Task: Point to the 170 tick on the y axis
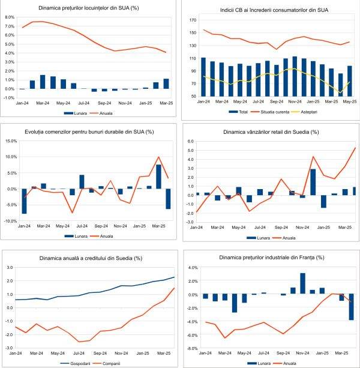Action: point(193,20)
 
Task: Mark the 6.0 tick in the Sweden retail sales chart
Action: point(190,142)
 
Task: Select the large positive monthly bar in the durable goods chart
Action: point(158,176)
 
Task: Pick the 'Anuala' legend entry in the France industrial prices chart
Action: point(287,363)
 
